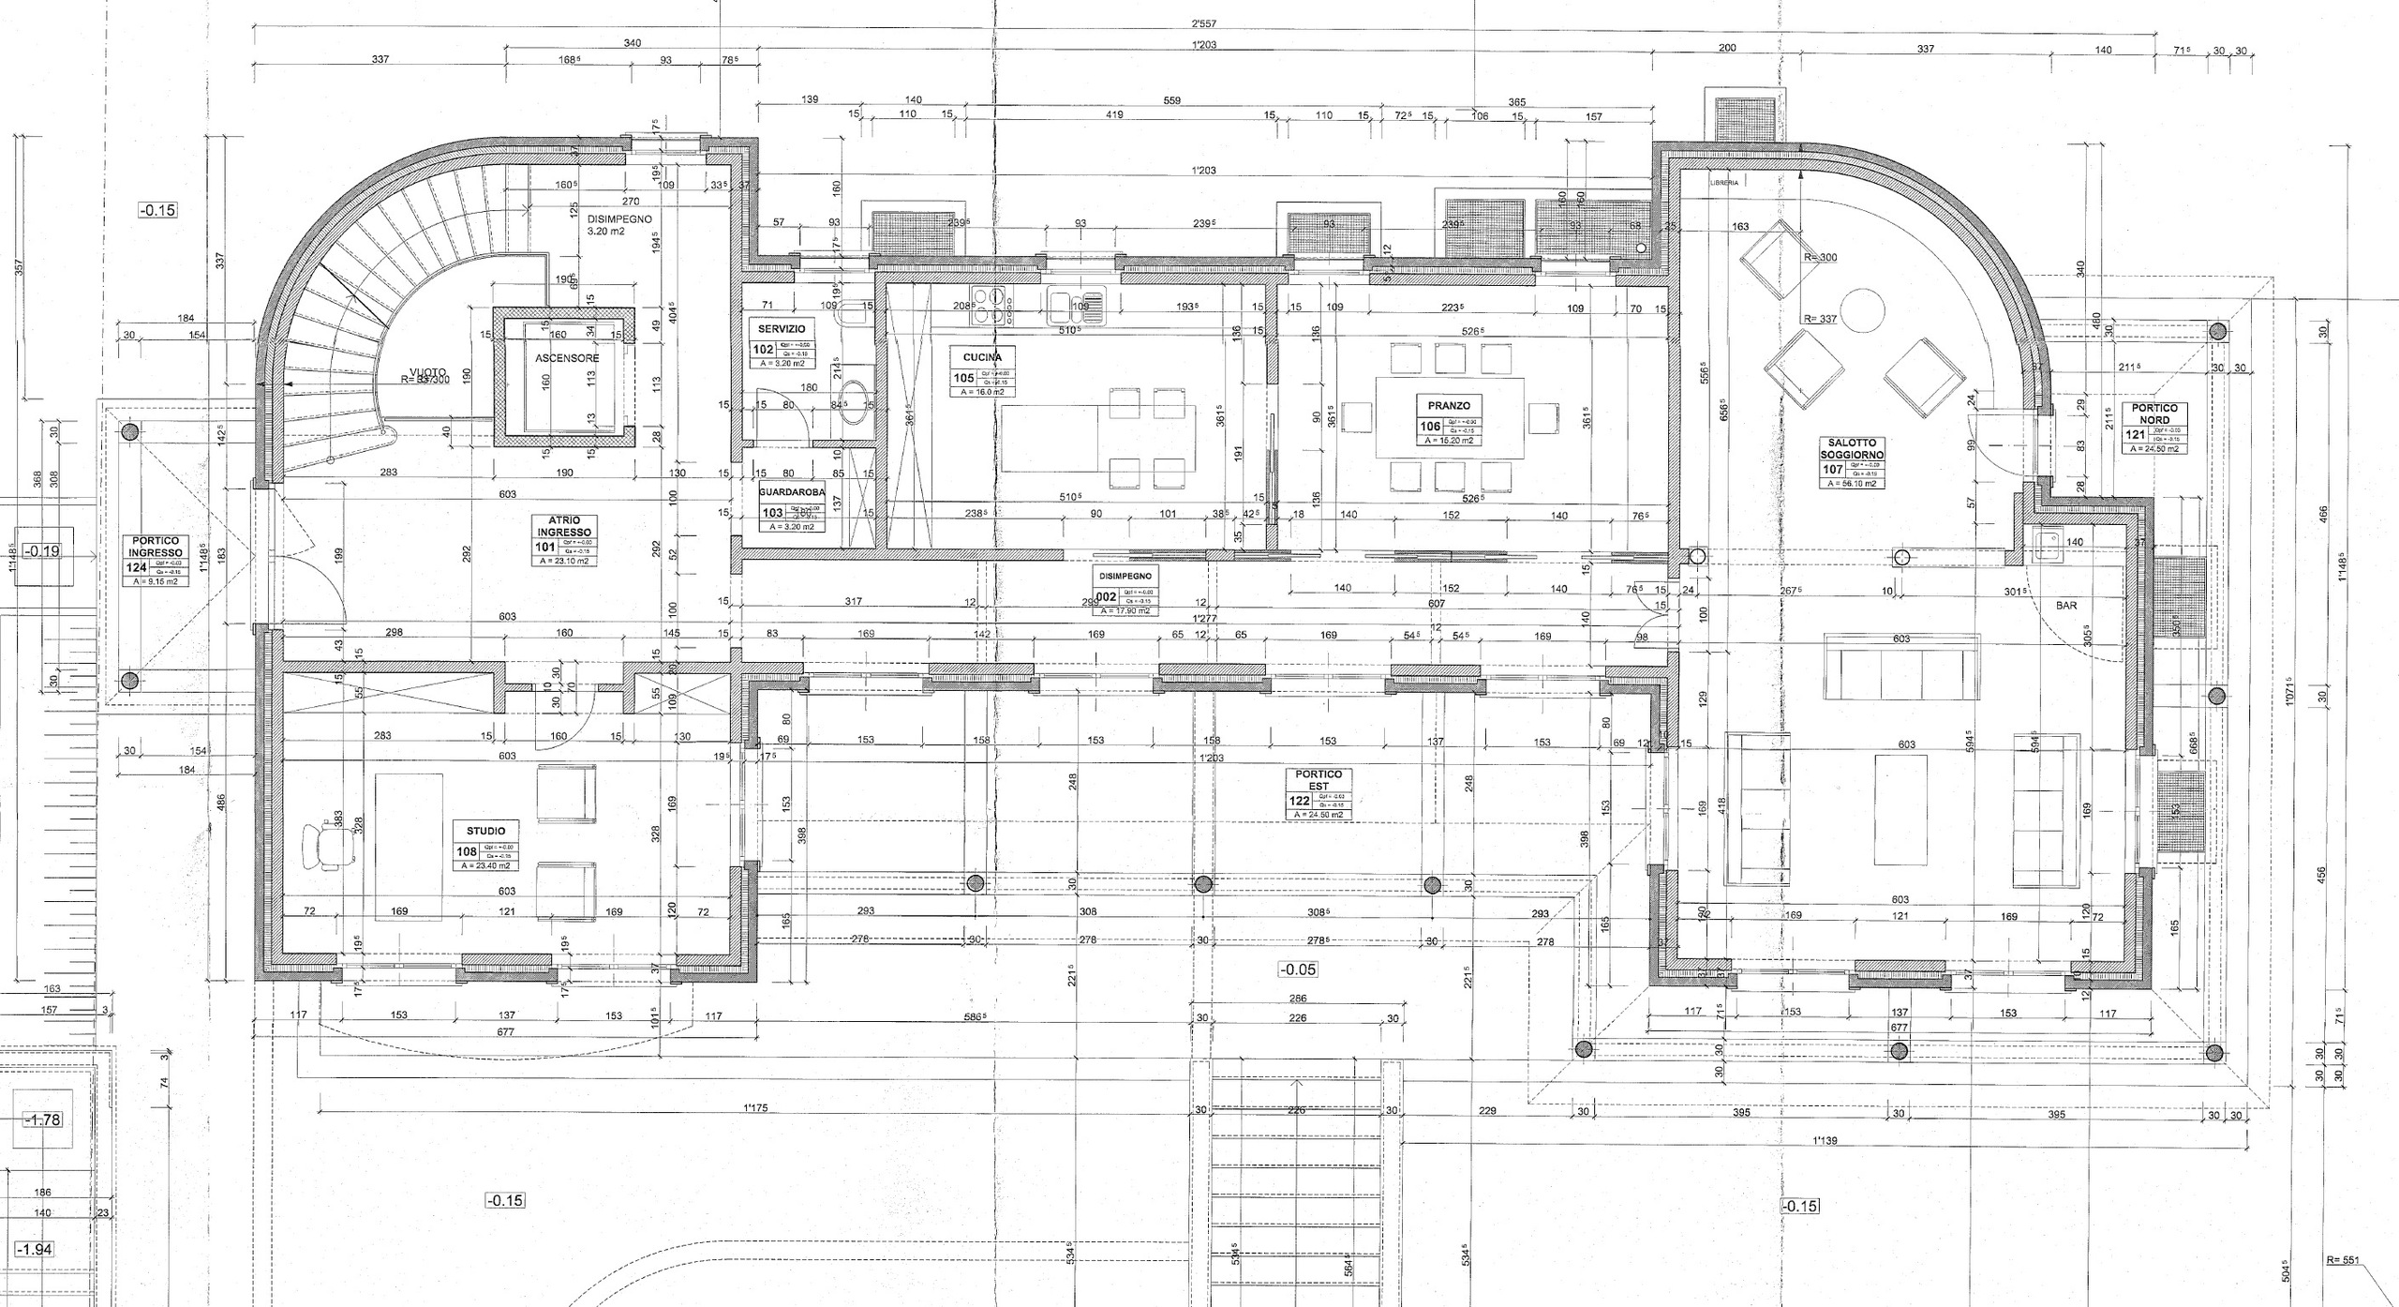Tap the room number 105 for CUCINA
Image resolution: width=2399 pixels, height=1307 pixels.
click(962, 378)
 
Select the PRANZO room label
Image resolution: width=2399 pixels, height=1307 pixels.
click(1449, 406)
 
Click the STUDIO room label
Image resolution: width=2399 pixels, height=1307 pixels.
click(485, 831)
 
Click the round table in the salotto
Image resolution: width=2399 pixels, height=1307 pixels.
click(1862, 310)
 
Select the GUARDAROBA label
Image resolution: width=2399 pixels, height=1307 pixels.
click(792, 491)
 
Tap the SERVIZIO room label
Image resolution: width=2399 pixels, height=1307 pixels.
click(781, 330)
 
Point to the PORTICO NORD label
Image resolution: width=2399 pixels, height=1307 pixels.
click(2154, 413)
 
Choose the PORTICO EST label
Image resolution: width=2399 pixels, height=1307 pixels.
click(1319, 780)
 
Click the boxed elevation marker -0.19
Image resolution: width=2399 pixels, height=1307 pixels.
click(43, 551)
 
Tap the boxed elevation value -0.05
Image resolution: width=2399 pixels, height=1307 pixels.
click(1297, 969)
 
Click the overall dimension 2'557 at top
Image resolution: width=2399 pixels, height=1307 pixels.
click(1203, 23)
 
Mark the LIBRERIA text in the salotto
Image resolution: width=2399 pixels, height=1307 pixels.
click(1723, 184)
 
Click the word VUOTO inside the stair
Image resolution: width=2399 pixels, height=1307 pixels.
click(427, 370)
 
